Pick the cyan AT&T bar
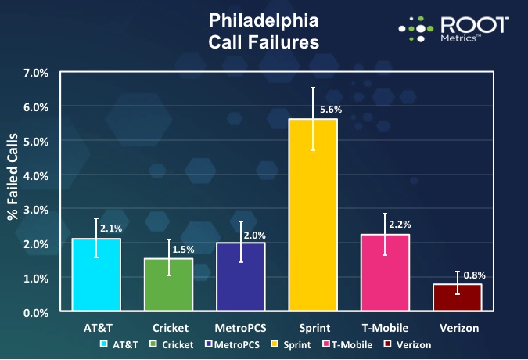click(x=96, y=274)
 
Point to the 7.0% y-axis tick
click(x=36, y=73)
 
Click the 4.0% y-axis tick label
click(x=36, y=175)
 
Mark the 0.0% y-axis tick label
click(x=36, y=312)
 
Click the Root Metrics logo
click(x=454, y=30)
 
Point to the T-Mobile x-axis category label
click(x=385, y=328)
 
